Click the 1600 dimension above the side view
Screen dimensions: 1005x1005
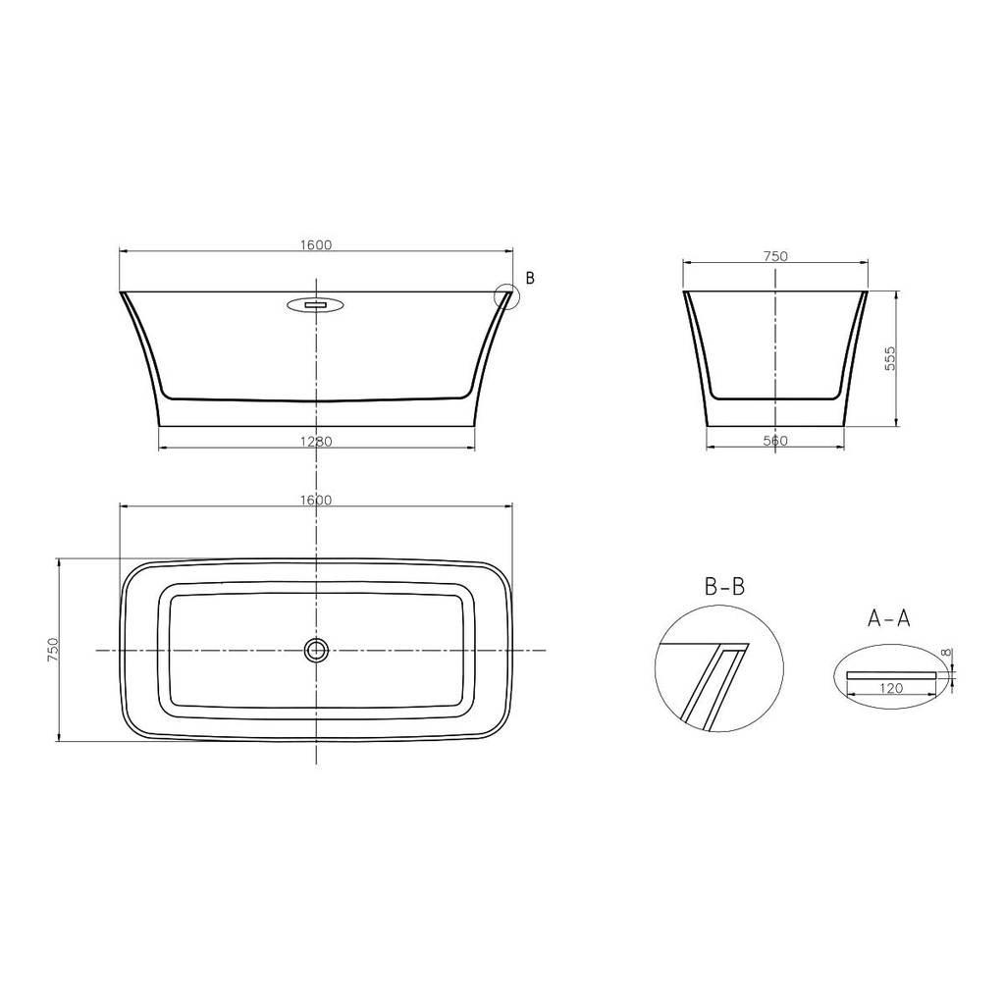pos(317,244)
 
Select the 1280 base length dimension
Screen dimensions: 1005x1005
pos(317,442)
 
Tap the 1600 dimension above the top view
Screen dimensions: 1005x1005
pos(317,500)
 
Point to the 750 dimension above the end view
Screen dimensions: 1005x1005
pos(775,256)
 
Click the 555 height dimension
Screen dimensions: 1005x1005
pos(889,359)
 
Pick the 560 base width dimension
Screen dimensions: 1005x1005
pos(775,441)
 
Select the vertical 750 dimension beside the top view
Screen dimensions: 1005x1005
pos(53,650)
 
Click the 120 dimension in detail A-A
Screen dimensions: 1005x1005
pos(891,688)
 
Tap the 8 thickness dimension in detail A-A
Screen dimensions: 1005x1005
pos(947,653)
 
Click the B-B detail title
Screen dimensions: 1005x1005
pos(725,586)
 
